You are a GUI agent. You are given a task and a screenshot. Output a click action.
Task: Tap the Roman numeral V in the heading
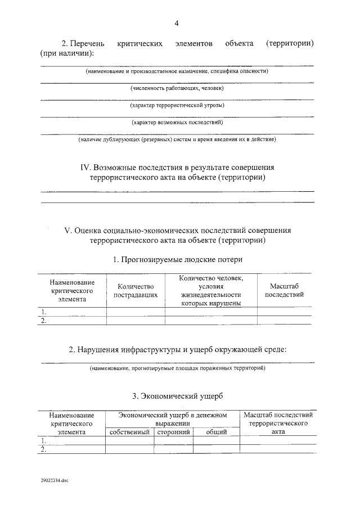click(x=67, y=231)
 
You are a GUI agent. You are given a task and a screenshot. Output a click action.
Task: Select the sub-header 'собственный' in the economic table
click(x=129, y=432)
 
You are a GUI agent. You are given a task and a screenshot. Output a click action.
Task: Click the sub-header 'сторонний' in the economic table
click(x=173, y=432)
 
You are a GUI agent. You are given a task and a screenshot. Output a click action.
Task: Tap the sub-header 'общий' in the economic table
click(x=216, y=432)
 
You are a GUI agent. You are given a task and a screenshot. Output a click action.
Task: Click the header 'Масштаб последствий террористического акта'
click(x=278, y=423)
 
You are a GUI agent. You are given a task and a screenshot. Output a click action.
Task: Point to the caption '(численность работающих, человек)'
click(x=177, y=89)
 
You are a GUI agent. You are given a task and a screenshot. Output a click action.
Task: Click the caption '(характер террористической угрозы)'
click(x=177, y=105)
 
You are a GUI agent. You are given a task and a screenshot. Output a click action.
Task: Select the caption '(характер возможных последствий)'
click(x=177, y=122)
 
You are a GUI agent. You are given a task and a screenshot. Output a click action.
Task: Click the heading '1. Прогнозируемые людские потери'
click(x=178, y=259)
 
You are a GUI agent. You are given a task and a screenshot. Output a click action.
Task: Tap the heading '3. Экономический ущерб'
click(x=178, y=396)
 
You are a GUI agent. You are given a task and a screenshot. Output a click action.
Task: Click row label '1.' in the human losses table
click(x=42, y=311)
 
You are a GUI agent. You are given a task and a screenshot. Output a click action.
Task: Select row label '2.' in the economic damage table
click(x=42, y=449)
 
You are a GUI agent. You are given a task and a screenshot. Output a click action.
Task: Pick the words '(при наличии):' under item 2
click(x=67, y=53)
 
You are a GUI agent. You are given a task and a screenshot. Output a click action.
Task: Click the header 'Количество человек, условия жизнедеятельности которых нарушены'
click(x=211, y=290)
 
